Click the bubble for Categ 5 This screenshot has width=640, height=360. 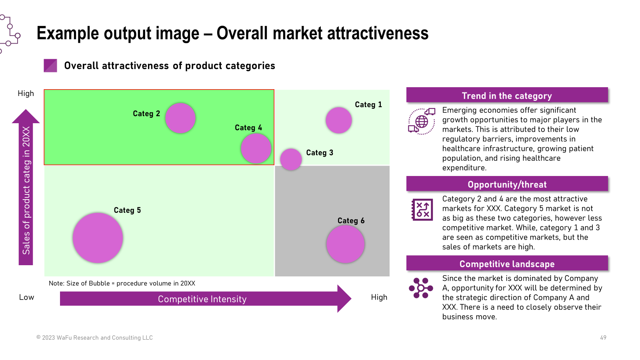98,238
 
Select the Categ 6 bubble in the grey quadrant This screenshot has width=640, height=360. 346,244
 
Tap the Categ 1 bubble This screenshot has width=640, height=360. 338,120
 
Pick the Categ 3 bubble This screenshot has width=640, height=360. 291,160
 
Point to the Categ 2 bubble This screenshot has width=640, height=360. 180,118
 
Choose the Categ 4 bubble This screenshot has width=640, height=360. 256,148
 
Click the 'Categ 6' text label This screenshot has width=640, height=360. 351,220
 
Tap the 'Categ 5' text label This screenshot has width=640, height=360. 127,210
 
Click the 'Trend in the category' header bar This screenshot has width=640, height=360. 507,95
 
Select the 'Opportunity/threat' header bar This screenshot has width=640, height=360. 507,184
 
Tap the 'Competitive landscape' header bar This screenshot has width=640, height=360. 507,263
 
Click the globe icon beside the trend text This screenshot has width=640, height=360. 422,122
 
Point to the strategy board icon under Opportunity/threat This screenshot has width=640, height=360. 422,210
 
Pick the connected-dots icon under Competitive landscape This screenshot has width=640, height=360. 421,288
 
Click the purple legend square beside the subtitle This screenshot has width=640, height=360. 50,66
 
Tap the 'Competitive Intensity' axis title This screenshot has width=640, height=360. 202,299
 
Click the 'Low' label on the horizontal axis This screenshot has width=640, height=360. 26,297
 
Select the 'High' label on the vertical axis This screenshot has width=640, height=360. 26,94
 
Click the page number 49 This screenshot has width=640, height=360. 603,338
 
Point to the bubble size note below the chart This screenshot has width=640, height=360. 122,284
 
